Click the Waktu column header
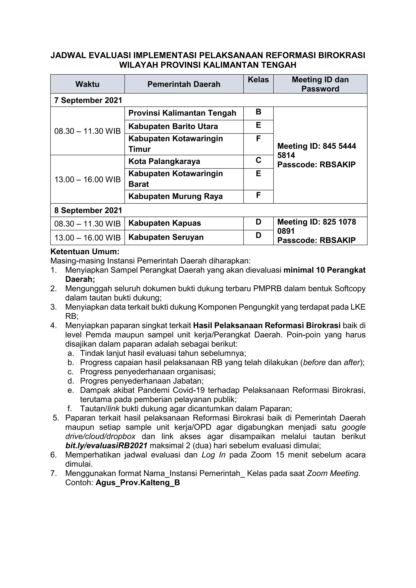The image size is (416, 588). point(87,84)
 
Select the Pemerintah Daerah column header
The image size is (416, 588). point(184,84)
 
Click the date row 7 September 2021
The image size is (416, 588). point(88,100)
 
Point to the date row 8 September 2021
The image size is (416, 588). point(88,210)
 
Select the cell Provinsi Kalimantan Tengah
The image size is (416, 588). point(182,113)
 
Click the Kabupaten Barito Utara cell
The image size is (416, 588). point(173,126)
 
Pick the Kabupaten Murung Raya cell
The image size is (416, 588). point(175,196)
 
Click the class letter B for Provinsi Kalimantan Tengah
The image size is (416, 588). point(258,112)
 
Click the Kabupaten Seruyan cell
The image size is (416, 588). point(166,237)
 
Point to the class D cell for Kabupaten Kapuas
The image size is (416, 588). point(258,222)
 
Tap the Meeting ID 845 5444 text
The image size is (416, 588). point(317,146)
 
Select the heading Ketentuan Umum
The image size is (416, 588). point(85,252)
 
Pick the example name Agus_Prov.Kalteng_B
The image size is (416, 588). point(138,482)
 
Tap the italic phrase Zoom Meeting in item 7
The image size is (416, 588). point(333,473)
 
